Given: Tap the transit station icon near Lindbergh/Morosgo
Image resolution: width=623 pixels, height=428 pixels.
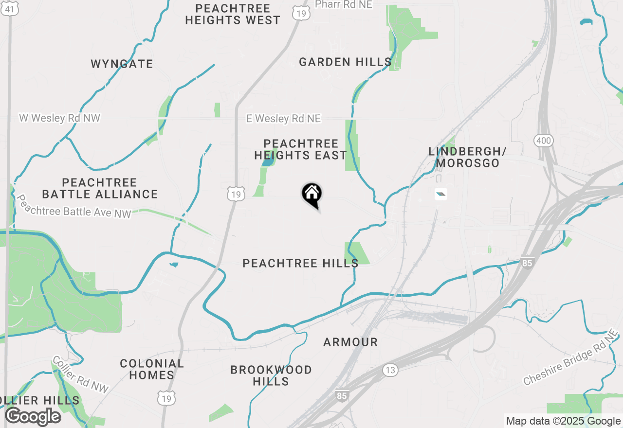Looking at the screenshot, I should tap(440, 195).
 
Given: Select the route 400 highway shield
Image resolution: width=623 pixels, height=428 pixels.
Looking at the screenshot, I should tap(543, 141).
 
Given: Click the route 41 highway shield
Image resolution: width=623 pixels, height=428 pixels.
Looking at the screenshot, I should tap(10, 8).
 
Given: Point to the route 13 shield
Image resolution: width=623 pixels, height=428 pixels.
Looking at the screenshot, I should tap(389, 370).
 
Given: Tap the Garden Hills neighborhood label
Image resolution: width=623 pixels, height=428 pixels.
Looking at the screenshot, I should tap(345, 62).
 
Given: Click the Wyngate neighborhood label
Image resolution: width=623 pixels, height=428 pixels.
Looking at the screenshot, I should tap(122, 64).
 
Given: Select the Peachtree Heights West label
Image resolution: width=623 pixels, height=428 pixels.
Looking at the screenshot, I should tap(233, 14).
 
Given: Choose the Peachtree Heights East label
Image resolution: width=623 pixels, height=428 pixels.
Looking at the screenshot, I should tap(300, 149).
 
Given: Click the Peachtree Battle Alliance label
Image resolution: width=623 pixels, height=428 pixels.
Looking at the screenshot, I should tap(100, 188).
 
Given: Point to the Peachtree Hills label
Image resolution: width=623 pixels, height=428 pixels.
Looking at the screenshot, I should tap(300, 263).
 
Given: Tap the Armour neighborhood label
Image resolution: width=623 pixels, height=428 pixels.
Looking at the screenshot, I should tap(350, 342).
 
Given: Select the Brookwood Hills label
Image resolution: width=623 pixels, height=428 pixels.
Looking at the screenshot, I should tap(271, 375).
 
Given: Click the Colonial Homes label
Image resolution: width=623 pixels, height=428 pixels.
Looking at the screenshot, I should tap(152, 369).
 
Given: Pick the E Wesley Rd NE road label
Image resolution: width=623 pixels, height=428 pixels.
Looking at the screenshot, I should tap(283, 119).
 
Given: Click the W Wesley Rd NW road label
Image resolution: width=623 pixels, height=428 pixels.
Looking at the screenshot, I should tap(59, 118).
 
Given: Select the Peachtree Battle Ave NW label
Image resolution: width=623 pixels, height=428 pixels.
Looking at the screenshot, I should tap(74, 206).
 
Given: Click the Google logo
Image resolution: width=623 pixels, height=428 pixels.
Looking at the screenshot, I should tap(33, 416).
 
